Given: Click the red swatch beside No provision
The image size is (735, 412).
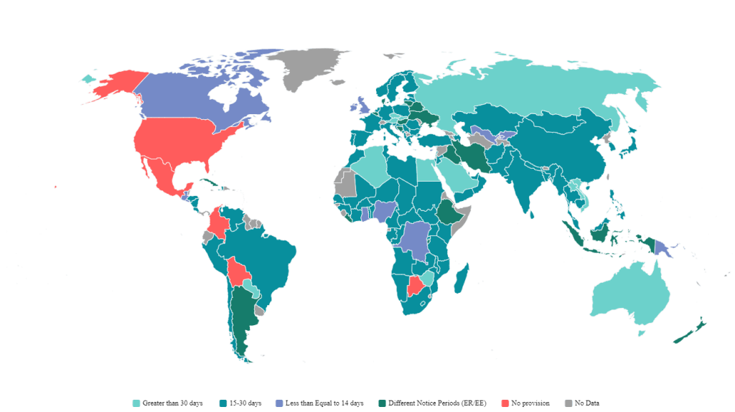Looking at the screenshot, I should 515,403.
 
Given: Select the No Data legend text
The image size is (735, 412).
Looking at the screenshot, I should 586,403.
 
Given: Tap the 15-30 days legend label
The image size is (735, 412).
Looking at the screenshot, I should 245,403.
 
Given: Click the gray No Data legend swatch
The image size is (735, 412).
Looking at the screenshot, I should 568,403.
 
